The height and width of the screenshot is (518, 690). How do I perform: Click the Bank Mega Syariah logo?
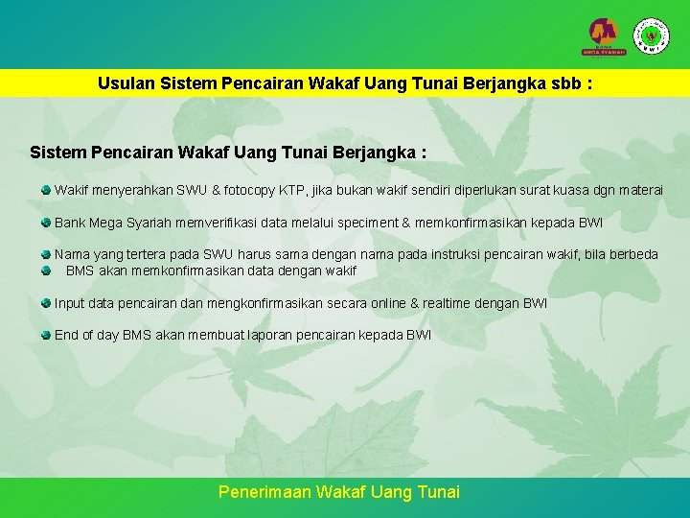[606, 36]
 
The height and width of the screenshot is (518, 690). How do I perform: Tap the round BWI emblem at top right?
[652, 35]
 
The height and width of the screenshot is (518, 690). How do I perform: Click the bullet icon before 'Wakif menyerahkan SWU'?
[46, 190]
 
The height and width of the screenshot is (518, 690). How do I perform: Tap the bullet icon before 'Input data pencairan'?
[46, 303]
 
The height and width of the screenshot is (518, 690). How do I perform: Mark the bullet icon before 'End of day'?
[46, 335]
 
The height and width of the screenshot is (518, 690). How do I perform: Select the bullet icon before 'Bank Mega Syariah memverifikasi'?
[46, 223]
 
